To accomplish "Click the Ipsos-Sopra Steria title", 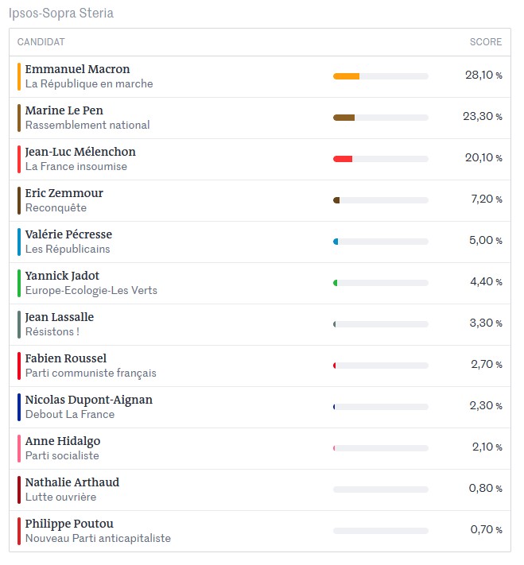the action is coord(61,13).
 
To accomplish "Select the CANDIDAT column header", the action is coord(41,42).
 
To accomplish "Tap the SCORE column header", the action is coord(486,42).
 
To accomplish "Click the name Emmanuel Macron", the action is coord(78,69).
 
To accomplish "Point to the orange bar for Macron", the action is coord(346,76).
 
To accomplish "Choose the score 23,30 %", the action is coord(483,116).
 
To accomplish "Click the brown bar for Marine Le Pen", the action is coord(344,118).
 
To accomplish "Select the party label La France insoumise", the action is coord(76,166).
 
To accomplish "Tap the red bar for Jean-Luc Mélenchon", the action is coord(343,159).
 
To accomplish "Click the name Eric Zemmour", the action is coord(64,193).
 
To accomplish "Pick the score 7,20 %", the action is coord(487,199).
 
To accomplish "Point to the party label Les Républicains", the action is coord(68,249).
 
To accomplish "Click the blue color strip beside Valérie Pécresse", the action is coord(19,242).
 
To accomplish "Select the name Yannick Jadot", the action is coord(62,276).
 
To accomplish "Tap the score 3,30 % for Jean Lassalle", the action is coord(486,323).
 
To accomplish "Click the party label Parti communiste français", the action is coord(91,373).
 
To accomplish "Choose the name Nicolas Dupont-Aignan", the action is coord(89,400).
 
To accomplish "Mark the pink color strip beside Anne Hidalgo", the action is coord(19,449).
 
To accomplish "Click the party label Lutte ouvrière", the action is coord(60,497).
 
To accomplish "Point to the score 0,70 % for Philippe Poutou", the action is coord(486,529).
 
